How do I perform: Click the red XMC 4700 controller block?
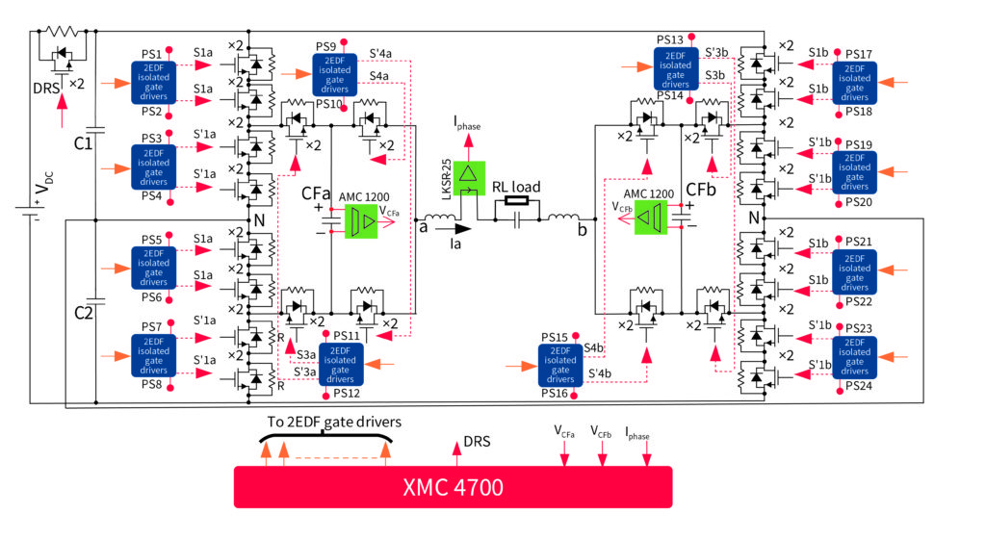[x=453, y=487]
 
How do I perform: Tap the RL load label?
[x=516, y=188]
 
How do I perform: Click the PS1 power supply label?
[x=151, y=53]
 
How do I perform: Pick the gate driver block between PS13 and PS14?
[x=682, y=68]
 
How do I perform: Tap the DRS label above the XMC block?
[x=479, y=442]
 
